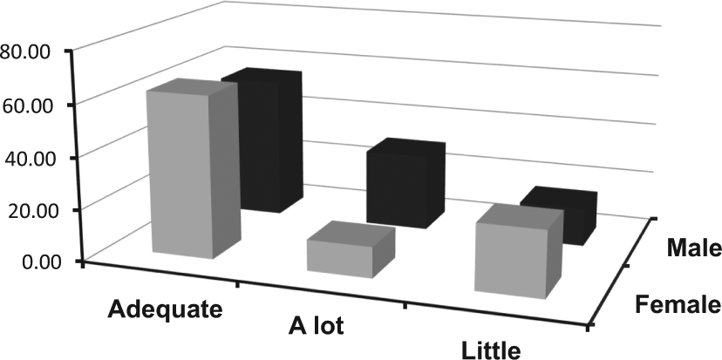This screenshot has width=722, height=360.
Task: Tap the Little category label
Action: click(x=491, y=350)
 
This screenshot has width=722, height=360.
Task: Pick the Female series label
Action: click(x=677, y=304)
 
